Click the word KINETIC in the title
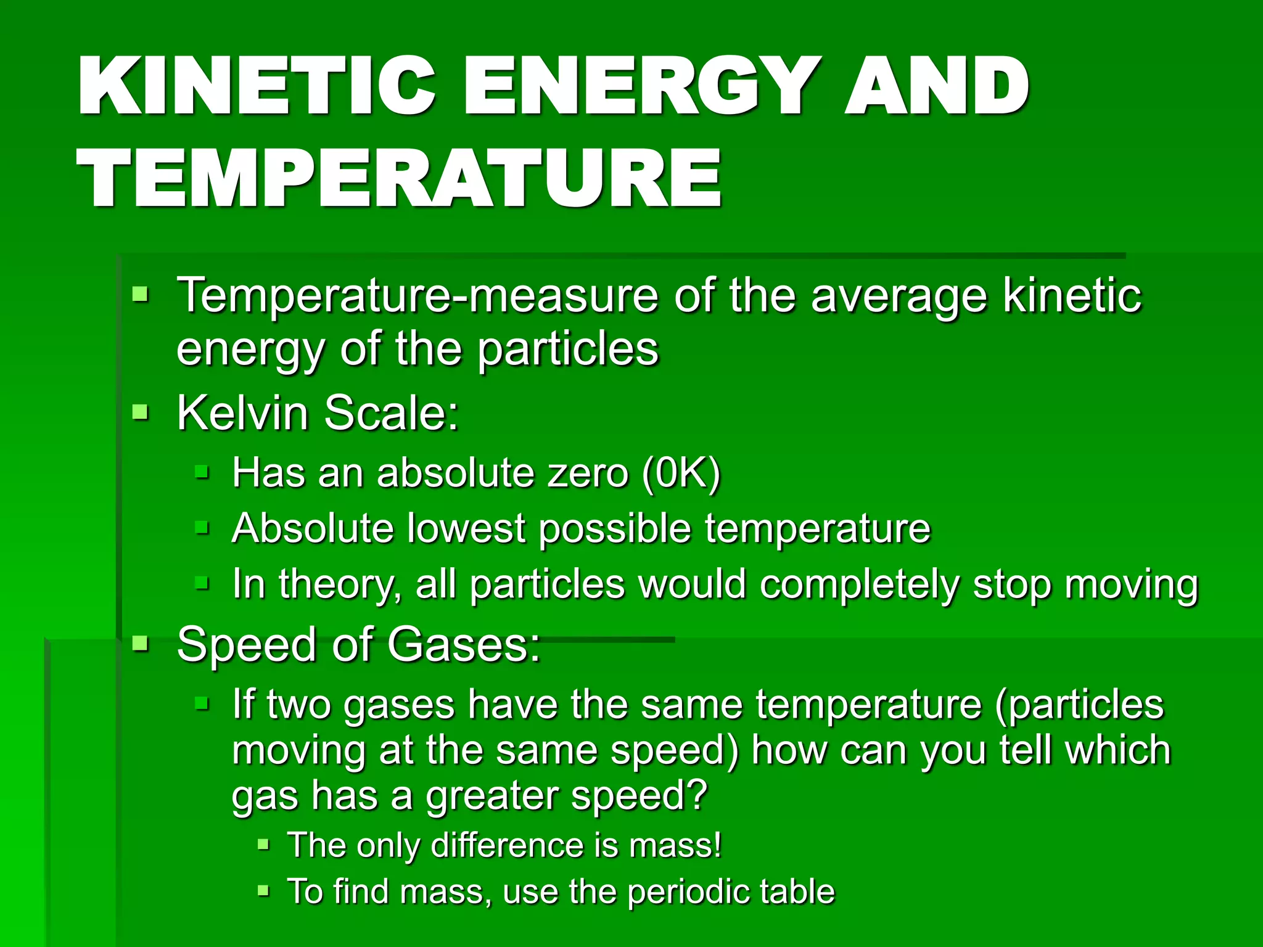click(x=256, y=86)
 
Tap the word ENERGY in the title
click(x=641, y=86)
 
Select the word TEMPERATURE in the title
click(x=399, y=179)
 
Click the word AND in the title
click(x=936, y=86)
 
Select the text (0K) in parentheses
click(x=681, y=473)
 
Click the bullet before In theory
click(x=202, y=583)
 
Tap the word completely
click(x=858, y=584)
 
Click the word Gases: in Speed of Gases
click(x=463, y=644)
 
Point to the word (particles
click(x=1079, y=704)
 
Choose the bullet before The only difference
click(x=263, y=844)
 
